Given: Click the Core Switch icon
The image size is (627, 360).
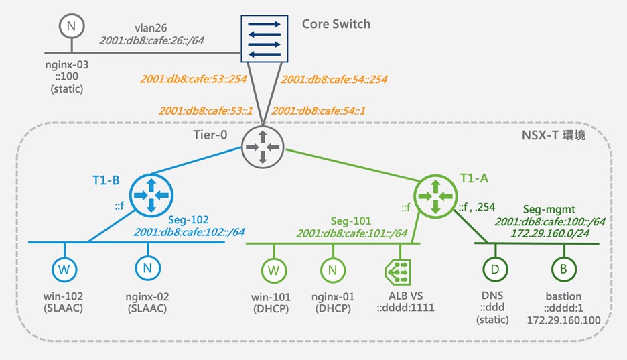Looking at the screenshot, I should [x=264, y=39].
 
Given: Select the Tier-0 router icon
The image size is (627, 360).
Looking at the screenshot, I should [x=263, y=147].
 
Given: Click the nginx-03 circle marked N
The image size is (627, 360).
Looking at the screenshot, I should [x=70, y=27].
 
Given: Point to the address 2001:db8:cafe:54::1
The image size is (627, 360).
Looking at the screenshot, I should [x=320, y=109].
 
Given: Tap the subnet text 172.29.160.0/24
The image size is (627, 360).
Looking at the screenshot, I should [x=550, y=233].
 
